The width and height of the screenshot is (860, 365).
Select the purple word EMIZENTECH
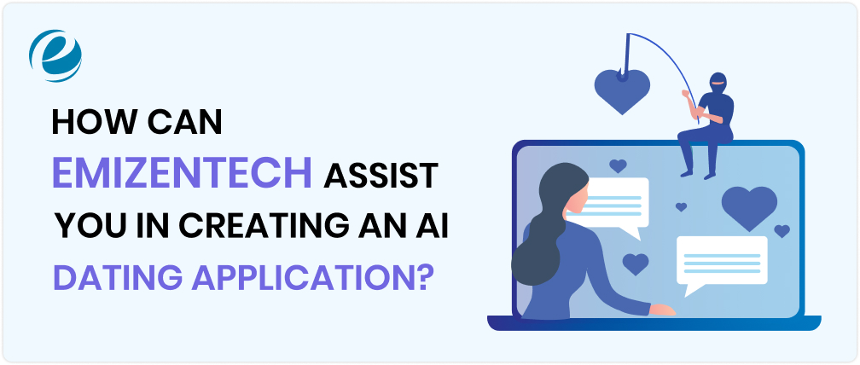coord(181,173)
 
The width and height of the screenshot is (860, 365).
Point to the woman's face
coord(572,204)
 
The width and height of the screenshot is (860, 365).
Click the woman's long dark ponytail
coord(534,256)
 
